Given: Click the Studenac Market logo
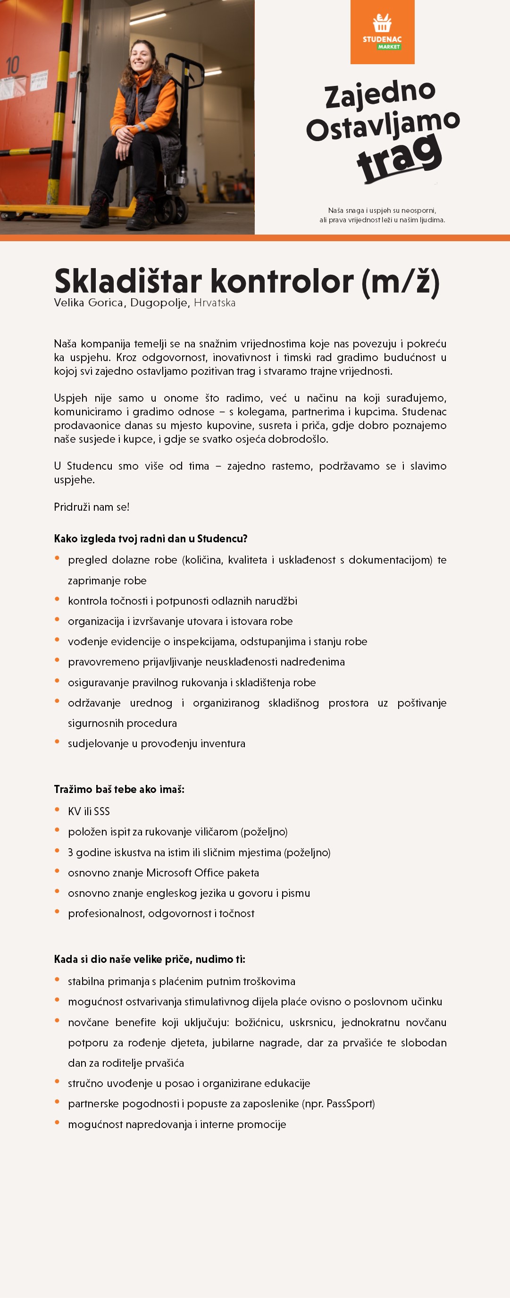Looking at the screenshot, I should click(382, 32).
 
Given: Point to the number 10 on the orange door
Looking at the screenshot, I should click(13, 66).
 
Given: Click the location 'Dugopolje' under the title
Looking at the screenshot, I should click(159, 303).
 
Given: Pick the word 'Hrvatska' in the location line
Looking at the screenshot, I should click(215, 303).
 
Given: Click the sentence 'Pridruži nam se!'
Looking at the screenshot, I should click(92, 507).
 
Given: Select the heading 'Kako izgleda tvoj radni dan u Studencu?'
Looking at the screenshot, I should click(150, 539).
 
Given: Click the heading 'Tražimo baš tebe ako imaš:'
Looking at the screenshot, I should click(119, 789).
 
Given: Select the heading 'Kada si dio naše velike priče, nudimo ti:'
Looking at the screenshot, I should click(150, 959).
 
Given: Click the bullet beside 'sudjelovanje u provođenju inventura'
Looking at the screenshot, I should click(57, 742).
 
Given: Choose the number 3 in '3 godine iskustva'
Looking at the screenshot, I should click(70, 852).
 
